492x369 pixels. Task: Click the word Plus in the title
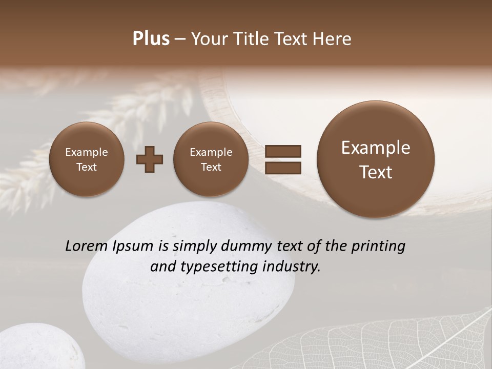tap(151, 39)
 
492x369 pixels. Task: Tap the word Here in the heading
tap(332, 39)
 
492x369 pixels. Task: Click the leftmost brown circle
tap(87, 159)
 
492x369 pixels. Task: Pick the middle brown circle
tap(211, 159)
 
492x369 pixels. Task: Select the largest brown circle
tap(376, 159)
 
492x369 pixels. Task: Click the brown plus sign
tap(150, 159)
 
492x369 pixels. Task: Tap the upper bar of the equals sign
tap(282, 151)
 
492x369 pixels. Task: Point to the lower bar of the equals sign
tap(282, 167)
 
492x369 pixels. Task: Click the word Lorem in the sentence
tap(87, 246)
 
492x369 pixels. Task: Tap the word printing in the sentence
tap(378, 247)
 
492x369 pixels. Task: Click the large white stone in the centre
tap(190, 302)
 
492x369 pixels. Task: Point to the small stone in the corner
tap(36, 348)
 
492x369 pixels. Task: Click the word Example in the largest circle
tap(376, 148)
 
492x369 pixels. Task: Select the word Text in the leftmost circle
tap(87, 167)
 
